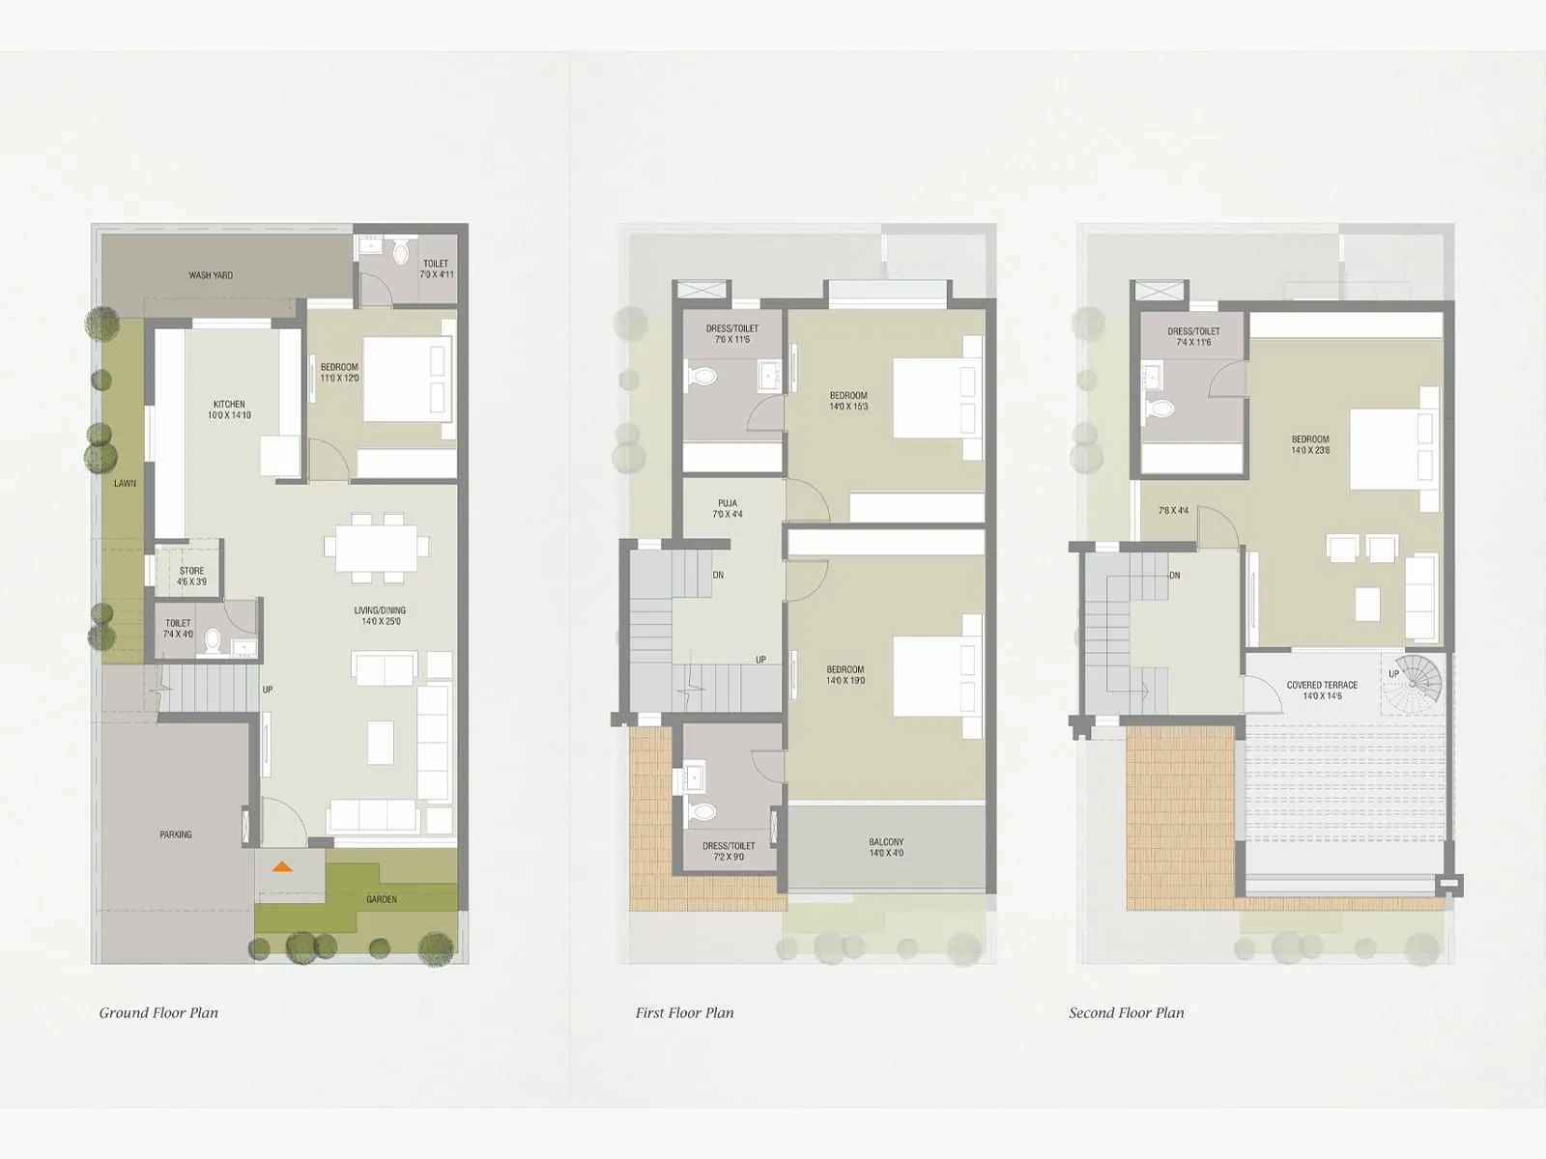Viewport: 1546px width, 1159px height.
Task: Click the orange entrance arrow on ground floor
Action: click(x=281, y=866)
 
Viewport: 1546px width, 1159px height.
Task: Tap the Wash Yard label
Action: click(x=211, y=275)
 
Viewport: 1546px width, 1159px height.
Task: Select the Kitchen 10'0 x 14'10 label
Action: click(x=230, y=410)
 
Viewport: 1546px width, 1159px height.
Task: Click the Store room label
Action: click(x=191, y=577)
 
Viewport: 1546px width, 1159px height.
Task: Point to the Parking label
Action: click(x=176, y=834)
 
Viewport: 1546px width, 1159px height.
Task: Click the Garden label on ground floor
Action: click(x=382, y=899)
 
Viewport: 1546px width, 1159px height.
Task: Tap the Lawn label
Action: click(x=125, y=483)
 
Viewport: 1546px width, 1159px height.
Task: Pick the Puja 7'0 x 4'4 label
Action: click(x=728, y=509)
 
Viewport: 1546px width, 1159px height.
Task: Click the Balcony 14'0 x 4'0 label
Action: click(x=886, y=847)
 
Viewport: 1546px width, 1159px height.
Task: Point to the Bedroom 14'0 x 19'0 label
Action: click(x=845, y=675)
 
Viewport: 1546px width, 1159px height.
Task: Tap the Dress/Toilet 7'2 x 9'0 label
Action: click(x=729, y=851)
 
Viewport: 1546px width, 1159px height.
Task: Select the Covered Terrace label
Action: click(x=1322, y=690)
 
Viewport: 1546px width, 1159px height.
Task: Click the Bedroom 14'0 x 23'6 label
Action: click(x=1310, y=444)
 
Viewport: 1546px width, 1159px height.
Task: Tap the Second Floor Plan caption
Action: click(x=1126, y=1012)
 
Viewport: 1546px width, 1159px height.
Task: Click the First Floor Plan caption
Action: click(x=684, y=1012)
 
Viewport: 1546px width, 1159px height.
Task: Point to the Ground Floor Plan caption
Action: click(x=158, y=1012)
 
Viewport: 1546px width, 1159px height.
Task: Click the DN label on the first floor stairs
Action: click(x=718, y=575)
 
